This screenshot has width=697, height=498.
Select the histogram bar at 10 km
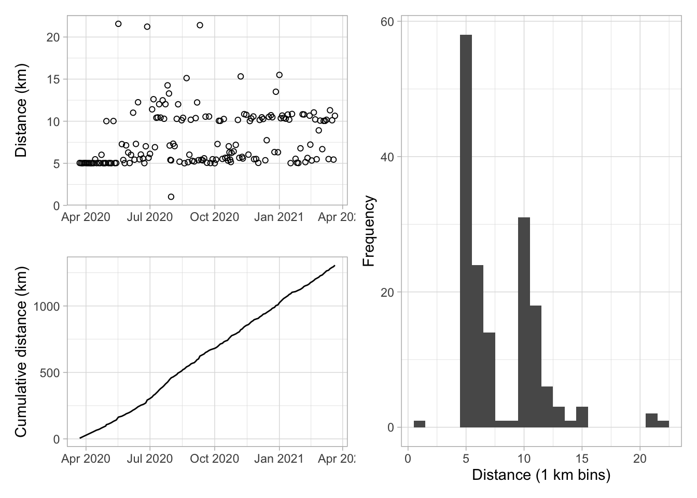coord(524,322)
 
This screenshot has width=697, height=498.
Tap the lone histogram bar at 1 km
coord(420,424)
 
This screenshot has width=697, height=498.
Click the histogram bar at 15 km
coord(582,417)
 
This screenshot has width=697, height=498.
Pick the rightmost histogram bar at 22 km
coord(663,424)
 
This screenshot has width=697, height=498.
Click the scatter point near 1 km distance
coord(171,197)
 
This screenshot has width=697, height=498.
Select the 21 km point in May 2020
coord(118,24)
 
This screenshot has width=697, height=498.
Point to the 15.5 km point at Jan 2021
coord(279,75)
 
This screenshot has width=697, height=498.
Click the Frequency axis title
coord(369,231)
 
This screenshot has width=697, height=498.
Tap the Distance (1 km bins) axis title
coord(541,475)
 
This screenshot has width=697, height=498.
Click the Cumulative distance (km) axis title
coord(21,352)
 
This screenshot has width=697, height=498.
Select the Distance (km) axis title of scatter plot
coord(21,110)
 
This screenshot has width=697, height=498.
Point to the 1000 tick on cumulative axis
coord(47,306)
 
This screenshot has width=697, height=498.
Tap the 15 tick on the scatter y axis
coord(53,79)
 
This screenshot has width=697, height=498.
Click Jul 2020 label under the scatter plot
coord(150,217)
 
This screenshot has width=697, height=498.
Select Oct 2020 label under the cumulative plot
coord(214,459)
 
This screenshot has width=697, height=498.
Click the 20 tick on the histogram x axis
coord(640,459)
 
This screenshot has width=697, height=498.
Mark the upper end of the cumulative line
coord(334,266)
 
